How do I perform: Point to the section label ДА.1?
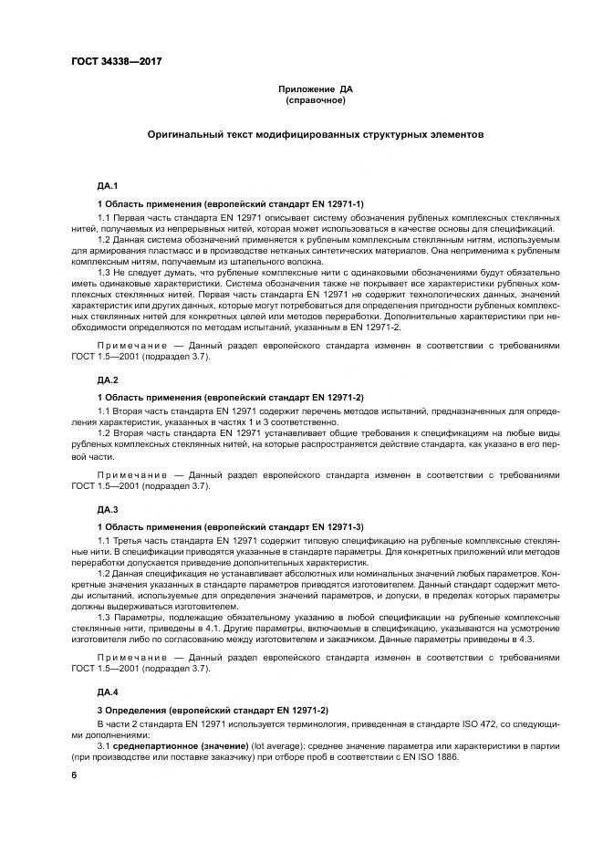pyautogui.click(x=108, y=186)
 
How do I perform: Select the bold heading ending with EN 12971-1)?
pyautogui.click(x=230, y=203)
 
